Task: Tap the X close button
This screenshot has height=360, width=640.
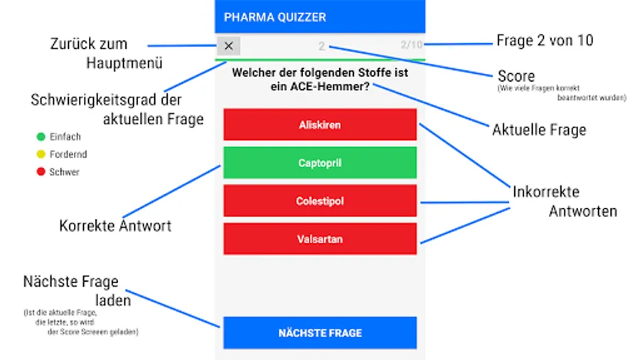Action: tap(229, 46)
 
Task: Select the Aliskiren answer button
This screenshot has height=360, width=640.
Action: tap(320, 125)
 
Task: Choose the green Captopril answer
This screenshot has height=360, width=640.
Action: tap(320, 163)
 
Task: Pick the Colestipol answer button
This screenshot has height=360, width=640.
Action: tap(320, 201)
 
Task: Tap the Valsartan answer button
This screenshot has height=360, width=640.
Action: tap(320, 239)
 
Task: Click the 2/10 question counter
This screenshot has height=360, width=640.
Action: tap(411, 45)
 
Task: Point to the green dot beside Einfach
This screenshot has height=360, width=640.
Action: tap(41, 137)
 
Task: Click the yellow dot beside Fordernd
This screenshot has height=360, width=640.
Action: tap(41, 154)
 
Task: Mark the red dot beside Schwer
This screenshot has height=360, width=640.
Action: tap(41, 171)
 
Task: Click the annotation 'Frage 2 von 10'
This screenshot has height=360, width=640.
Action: tap(545, 41)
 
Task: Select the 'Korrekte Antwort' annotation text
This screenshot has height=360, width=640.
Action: tap(115, 226)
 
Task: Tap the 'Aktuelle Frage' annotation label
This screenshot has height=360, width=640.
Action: tap(539, 129)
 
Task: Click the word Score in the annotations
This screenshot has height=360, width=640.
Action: tap(516, 76)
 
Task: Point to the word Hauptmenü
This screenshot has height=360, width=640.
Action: tap(124, 63)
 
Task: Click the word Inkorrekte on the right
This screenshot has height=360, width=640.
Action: tap(546, 192)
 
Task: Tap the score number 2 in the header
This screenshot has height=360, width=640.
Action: tap(321, 46)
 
